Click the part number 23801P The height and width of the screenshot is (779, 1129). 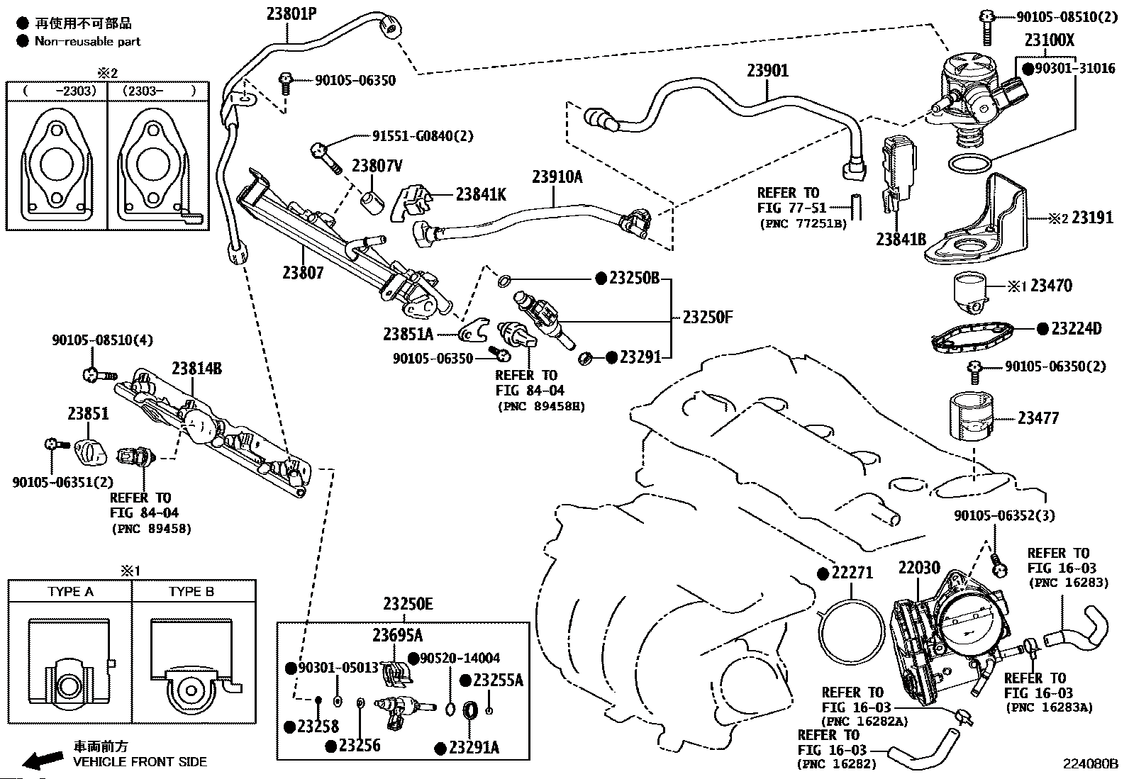(291, 13)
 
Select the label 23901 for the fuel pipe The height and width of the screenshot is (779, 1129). (767, 71)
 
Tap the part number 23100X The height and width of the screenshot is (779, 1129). (1049, 41)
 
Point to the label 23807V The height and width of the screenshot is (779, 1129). (377, 166)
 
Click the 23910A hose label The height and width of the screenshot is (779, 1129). (557, 176)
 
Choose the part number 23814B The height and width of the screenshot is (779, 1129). (196, 369)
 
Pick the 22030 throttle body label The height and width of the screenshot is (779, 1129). (918, 568)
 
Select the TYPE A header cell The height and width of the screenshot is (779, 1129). (70, 591)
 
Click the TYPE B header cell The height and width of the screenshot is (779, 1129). (191, 591)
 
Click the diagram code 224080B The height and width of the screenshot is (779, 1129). (1090, 765)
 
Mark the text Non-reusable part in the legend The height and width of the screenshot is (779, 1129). (88, 42)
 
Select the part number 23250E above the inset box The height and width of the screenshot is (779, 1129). (408, 605)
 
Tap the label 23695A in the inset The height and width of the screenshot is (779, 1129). (398, 634)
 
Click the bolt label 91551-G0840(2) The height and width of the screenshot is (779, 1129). (423, 135)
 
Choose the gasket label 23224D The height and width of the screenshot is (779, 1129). (1076, 329)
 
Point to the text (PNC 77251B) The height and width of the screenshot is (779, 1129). (803, 223)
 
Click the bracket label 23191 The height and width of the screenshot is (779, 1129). (1092, 218)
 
